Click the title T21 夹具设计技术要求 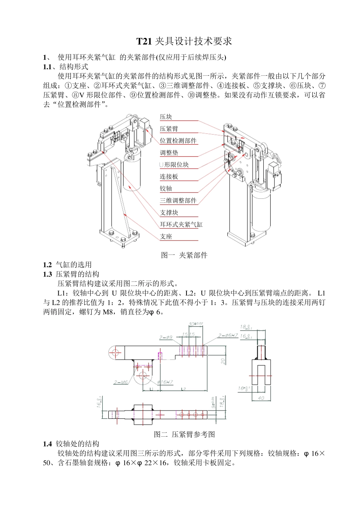(184, 41)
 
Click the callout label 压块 (166, 117)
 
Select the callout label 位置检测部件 (178, 141)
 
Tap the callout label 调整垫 (169, 153)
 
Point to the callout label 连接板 (169, 177)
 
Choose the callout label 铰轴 (166, 189)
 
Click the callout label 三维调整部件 (178, 201)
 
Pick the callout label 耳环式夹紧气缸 (181, 225)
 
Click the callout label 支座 (166, 237)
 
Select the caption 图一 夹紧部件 (184, 255)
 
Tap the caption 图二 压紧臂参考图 (184, 434)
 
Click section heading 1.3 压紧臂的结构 (71, 274)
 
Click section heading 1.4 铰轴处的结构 (71, 444)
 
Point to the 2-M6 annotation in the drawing (121, 382)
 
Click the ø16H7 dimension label (165, 382)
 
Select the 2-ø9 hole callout (166, 337)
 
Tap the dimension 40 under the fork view (261, 398)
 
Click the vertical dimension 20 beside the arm (224, 361)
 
